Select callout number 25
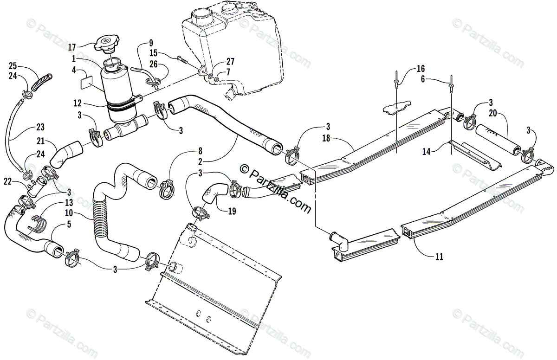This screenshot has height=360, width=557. (13, 65)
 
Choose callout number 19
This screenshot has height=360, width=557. (232, 211)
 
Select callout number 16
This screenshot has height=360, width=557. (421, 69)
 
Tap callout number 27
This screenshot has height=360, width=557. (230, 62)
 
